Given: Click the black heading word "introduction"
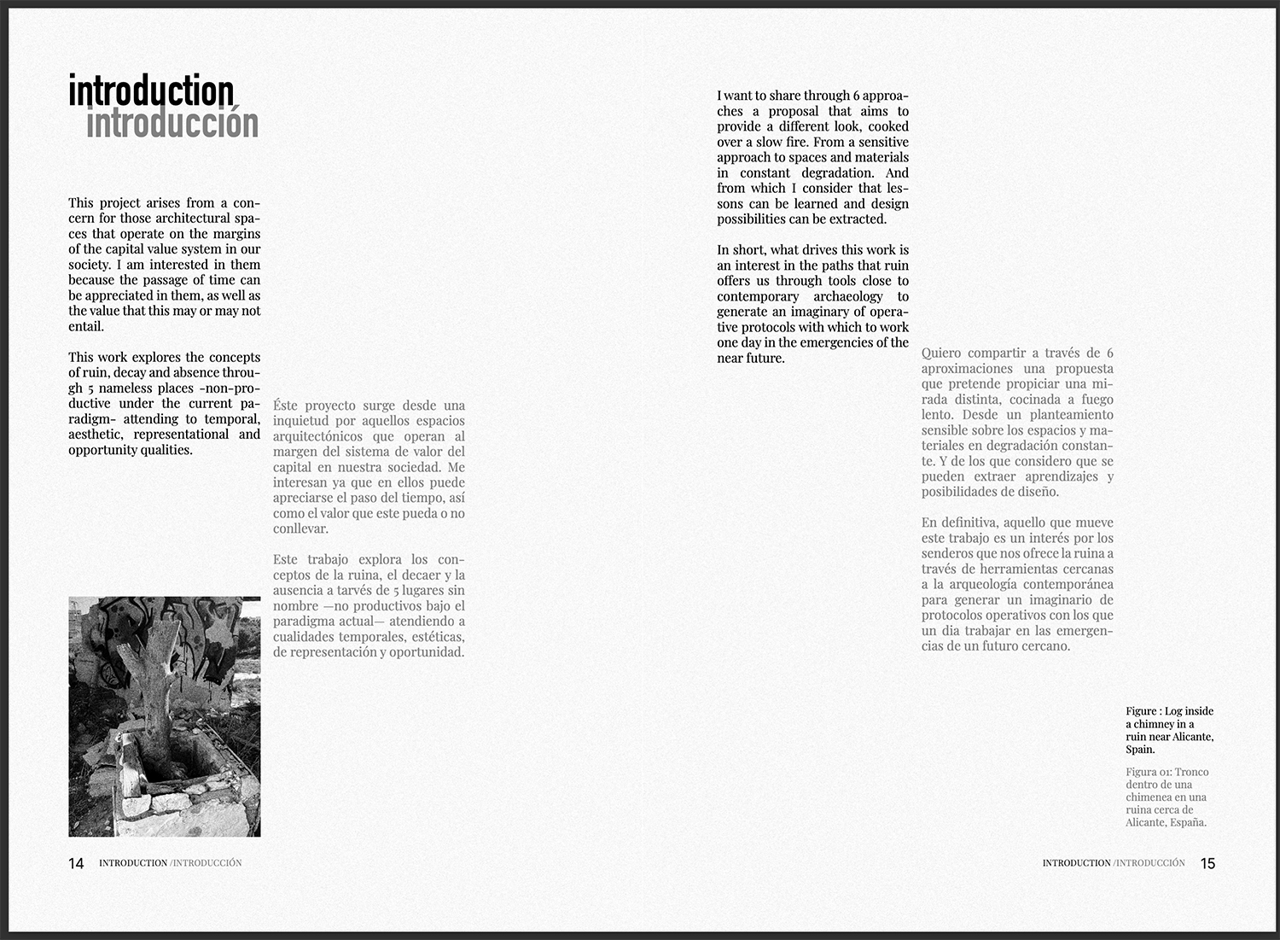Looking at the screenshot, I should click(x=151, y=91).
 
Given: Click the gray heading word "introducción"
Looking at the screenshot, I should click(x=172, y=123).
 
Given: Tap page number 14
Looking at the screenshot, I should click(x=76, y=863).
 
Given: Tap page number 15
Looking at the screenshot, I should click(x=1207, y=863).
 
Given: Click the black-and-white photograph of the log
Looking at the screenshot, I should click(x=164, y=716).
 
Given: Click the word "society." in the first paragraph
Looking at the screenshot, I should click(x=90, y=265).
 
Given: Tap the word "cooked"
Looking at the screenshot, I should click(x=888, y=126).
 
